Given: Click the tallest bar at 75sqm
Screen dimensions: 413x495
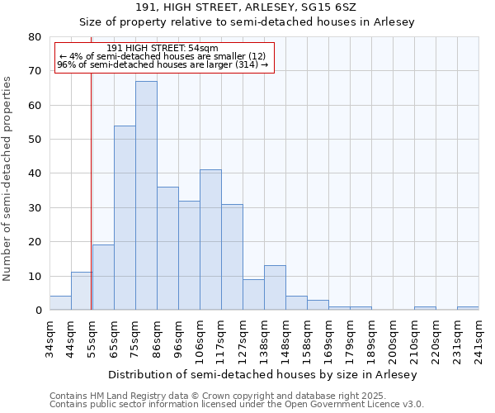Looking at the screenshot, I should click(x=146, y=196).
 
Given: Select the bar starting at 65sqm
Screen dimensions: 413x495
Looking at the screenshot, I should click(x=125, y=218).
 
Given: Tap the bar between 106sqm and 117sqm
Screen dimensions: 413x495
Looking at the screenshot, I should click(x=210, y=240).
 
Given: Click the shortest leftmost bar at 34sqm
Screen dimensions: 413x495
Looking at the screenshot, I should click(x=60, y=303).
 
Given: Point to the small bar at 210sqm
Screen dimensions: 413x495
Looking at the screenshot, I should click(x=425, y=308).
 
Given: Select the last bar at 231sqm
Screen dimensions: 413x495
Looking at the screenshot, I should click(x=468, y=308).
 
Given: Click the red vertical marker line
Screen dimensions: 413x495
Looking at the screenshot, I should click(x=91, y=190).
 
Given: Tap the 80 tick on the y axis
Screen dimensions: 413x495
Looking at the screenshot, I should click(x=34, y=37).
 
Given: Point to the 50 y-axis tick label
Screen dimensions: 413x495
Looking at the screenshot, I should click(x=34, y=140).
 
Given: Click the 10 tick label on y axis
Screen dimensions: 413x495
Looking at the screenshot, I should click(x=34, y=276).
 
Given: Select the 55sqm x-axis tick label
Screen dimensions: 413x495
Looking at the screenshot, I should click(x=92, y=339).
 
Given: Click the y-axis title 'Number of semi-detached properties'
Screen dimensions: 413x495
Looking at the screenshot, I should click(x=7, y=178).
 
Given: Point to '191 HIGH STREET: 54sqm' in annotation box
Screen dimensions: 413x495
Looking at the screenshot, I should click(x=163, y=48).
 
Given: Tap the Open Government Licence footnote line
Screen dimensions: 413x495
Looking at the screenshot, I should click(x=236, y=405).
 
